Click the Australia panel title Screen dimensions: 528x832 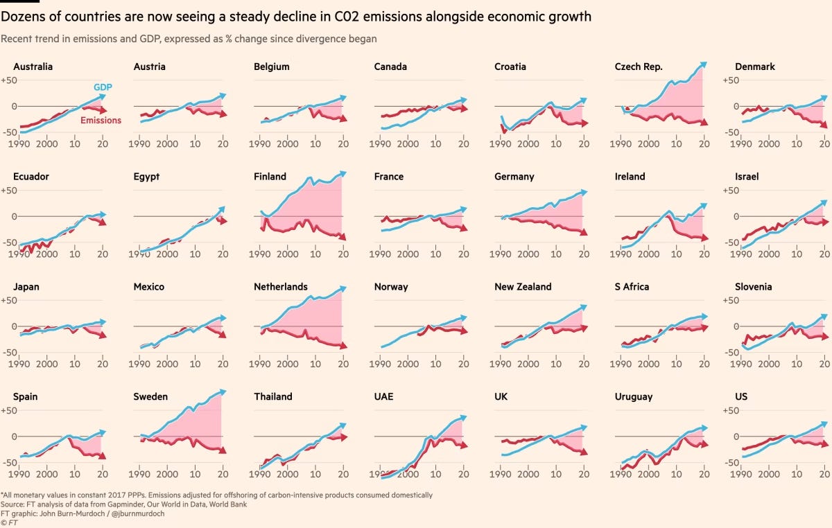(33, 67)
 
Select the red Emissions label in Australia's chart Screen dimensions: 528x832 (101, 121)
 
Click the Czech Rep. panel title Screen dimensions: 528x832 (639, 67)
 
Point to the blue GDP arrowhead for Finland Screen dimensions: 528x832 (341, 174)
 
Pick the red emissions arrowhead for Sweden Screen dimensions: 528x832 (222, 450)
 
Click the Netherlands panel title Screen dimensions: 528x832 (281, 287)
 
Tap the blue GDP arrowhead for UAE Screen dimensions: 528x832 (462, 418)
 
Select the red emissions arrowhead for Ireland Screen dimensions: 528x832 (704, 238)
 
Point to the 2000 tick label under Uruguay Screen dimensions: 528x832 (649, 474)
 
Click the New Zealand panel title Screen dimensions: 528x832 (523, 287)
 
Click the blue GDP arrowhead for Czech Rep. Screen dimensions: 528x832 (704, 64)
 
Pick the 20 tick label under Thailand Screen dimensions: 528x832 (343, 474)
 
